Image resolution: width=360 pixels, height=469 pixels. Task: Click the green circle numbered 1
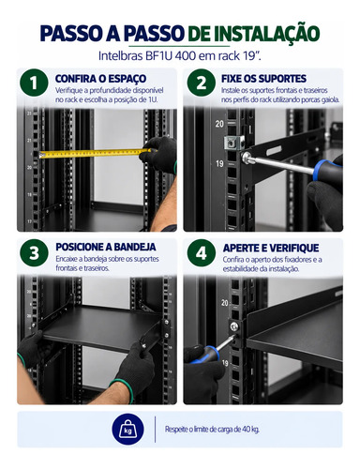(34, 83)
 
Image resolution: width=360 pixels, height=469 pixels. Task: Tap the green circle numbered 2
(202, 83)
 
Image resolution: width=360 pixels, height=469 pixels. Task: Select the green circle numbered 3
(34, 252)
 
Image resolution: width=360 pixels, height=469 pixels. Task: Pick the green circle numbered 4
(202, 252)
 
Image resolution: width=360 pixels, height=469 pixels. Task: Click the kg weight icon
(127, 430)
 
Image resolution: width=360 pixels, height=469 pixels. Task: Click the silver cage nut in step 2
(232, 143)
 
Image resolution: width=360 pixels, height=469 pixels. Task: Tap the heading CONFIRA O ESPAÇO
(100, 79)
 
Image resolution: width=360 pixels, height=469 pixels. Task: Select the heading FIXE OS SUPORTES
(263, 79)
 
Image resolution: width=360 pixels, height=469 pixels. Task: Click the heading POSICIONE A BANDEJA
(106, 247)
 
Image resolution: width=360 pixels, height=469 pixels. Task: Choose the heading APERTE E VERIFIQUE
(271, 248)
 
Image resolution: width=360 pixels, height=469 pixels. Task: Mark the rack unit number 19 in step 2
(219, 163)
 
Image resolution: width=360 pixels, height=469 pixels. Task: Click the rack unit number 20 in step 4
(224, 303)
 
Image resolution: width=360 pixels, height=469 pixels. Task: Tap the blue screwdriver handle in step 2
(327, 173)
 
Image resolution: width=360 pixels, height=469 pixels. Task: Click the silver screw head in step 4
(234, 326)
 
